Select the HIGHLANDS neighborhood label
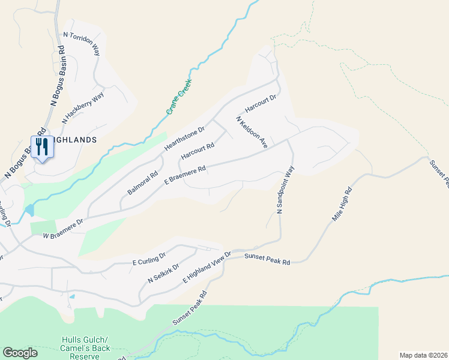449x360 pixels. coord(73,140)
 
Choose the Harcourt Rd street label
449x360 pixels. coord(197,151)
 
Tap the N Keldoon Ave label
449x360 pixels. coord(252,132)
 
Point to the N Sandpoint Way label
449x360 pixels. coord(287,188)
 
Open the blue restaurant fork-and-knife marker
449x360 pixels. coord(42,147)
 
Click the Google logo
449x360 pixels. coord(20,352)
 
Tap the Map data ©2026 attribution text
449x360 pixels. coord(423,355)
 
